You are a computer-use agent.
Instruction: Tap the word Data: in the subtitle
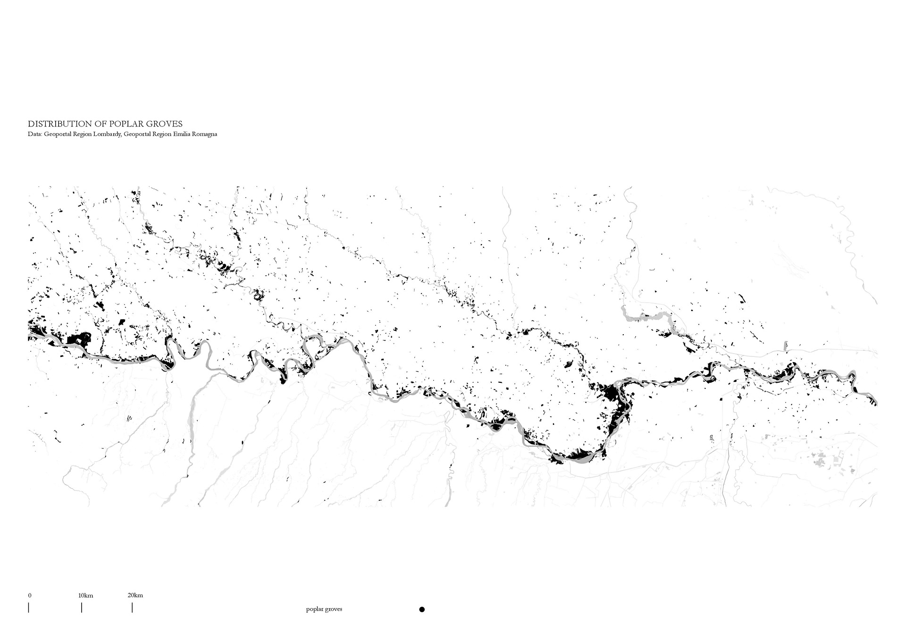(34, 135)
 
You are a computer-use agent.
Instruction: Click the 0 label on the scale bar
(29, 595)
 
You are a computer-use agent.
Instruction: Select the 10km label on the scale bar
(85, 595)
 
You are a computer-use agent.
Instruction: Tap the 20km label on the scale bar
(135, 595)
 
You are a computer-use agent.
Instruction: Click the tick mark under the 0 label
(28, 607)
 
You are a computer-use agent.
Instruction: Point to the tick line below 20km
(132, 607)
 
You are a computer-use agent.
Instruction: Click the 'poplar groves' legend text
(324, 609)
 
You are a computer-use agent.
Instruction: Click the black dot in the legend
(422, 609)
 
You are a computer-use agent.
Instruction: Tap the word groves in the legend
(333, 609)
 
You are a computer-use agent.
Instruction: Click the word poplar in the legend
(314, 609)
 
